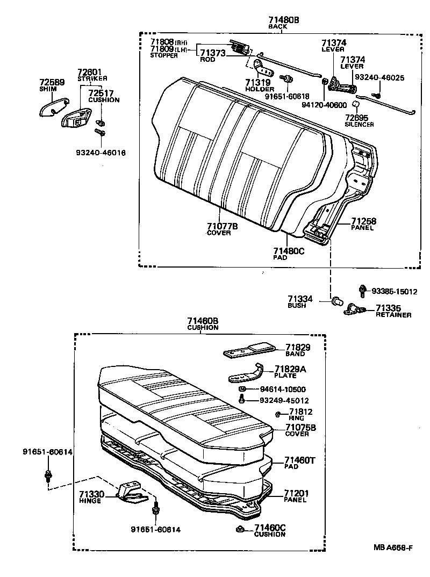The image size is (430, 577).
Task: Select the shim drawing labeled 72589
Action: (x=54, y=106)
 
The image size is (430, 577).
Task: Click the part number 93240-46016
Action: (x=101, y=153)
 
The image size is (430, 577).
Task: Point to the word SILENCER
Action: (x=360, y=124)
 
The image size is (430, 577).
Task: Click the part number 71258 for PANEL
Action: (x=363, y=221)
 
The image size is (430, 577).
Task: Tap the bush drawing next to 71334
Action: (x=338, y=300)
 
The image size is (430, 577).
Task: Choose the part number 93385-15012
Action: (x=395, y=291)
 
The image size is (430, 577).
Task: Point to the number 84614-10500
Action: (x=282, y=389)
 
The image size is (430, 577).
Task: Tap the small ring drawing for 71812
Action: (x=276, y=414)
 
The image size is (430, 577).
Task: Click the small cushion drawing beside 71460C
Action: (x=239, y=530)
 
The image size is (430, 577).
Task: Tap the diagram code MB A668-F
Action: (x=393, y=547)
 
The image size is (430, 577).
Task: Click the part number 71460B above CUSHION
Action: (x=203, y=321)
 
